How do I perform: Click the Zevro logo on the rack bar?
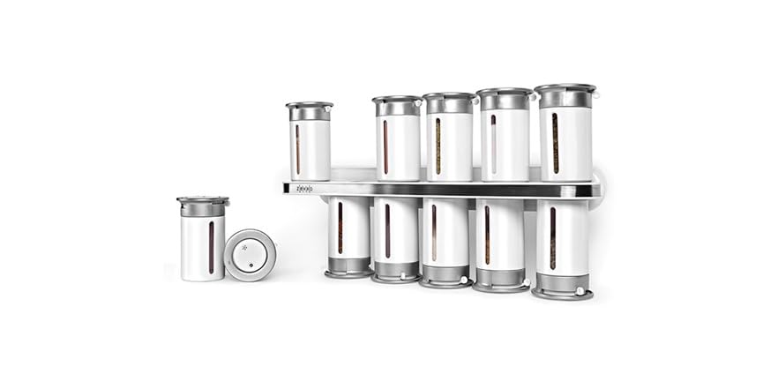[304, 189]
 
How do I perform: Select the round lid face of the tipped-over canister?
[250, 255]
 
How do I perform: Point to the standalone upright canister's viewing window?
[211, 247]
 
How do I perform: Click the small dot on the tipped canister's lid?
[249, 265]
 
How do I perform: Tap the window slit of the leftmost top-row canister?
[297, 149]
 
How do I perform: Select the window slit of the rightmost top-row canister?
[555, 143]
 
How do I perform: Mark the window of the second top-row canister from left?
[385, 147]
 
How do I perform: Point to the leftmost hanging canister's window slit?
[340, 228]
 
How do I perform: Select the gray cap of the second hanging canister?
[395, 272]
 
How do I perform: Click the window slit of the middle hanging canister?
[433, 233]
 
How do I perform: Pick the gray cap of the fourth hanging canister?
[500, 280]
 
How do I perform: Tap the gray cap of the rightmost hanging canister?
[561, 285]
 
